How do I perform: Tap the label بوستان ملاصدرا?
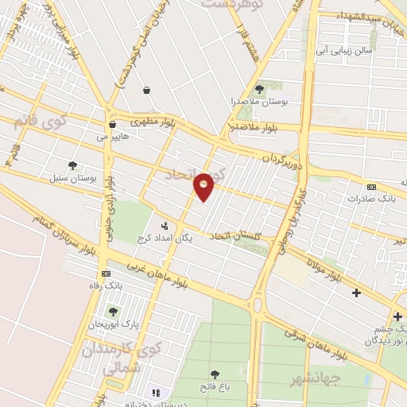tap(261, 102)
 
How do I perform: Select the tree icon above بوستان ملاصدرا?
tap(260, 89)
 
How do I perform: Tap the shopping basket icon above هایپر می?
tap(112, 125)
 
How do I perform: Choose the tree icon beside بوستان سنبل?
tap(73, 166)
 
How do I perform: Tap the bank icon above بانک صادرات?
tap(371, 187)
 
